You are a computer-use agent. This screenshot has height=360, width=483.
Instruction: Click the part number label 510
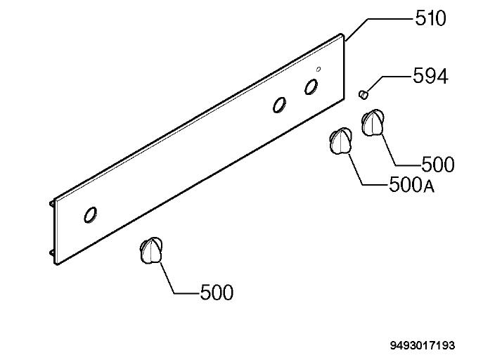430,18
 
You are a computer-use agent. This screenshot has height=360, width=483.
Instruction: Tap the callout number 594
430,76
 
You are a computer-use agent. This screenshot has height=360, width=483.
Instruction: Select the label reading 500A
412,185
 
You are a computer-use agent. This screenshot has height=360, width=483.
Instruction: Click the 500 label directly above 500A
438,164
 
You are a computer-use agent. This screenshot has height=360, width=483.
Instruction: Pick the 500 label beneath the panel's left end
217,292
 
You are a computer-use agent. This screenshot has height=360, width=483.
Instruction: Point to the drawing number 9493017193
423,345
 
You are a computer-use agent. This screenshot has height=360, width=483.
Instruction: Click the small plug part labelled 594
363,94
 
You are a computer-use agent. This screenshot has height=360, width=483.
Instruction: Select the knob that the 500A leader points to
341,141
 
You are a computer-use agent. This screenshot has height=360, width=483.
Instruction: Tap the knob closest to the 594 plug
373,122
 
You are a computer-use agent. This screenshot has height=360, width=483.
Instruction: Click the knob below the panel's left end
151,250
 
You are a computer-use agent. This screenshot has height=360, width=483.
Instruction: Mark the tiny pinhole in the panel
318,69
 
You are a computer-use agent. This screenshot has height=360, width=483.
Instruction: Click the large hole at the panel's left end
90,214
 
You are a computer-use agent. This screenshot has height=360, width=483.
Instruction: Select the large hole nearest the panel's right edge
311,87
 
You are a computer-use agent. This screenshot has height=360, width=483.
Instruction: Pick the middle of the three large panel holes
279,105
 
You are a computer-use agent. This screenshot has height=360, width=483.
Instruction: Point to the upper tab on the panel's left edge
52,204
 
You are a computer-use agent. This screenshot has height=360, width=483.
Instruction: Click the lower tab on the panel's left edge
52,252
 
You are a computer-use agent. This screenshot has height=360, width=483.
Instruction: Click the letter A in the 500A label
429,186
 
